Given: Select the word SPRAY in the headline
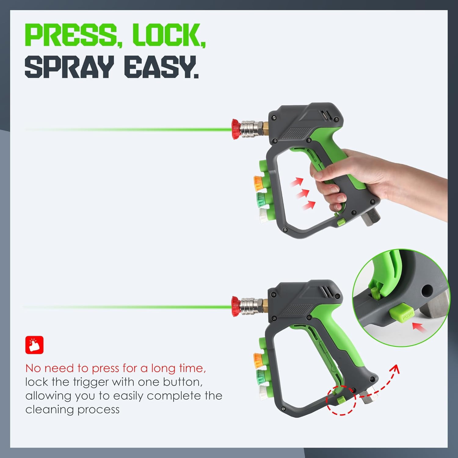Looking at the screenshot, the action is coord(69,67).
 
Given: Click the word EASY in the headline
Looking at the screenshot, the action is coord(161,67).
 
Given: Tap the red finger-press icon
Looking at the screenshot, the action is coord(34,345).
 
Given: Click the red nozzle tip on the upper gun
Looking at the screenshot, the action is coord(236,129).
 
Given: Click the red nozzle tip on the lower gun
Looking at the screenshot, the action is coord(236,306).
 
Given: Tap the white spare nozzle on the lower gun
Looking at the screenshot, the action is coord(263,392).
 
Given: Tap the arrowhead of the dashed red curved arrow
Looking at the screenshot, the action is coord(395,369).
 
